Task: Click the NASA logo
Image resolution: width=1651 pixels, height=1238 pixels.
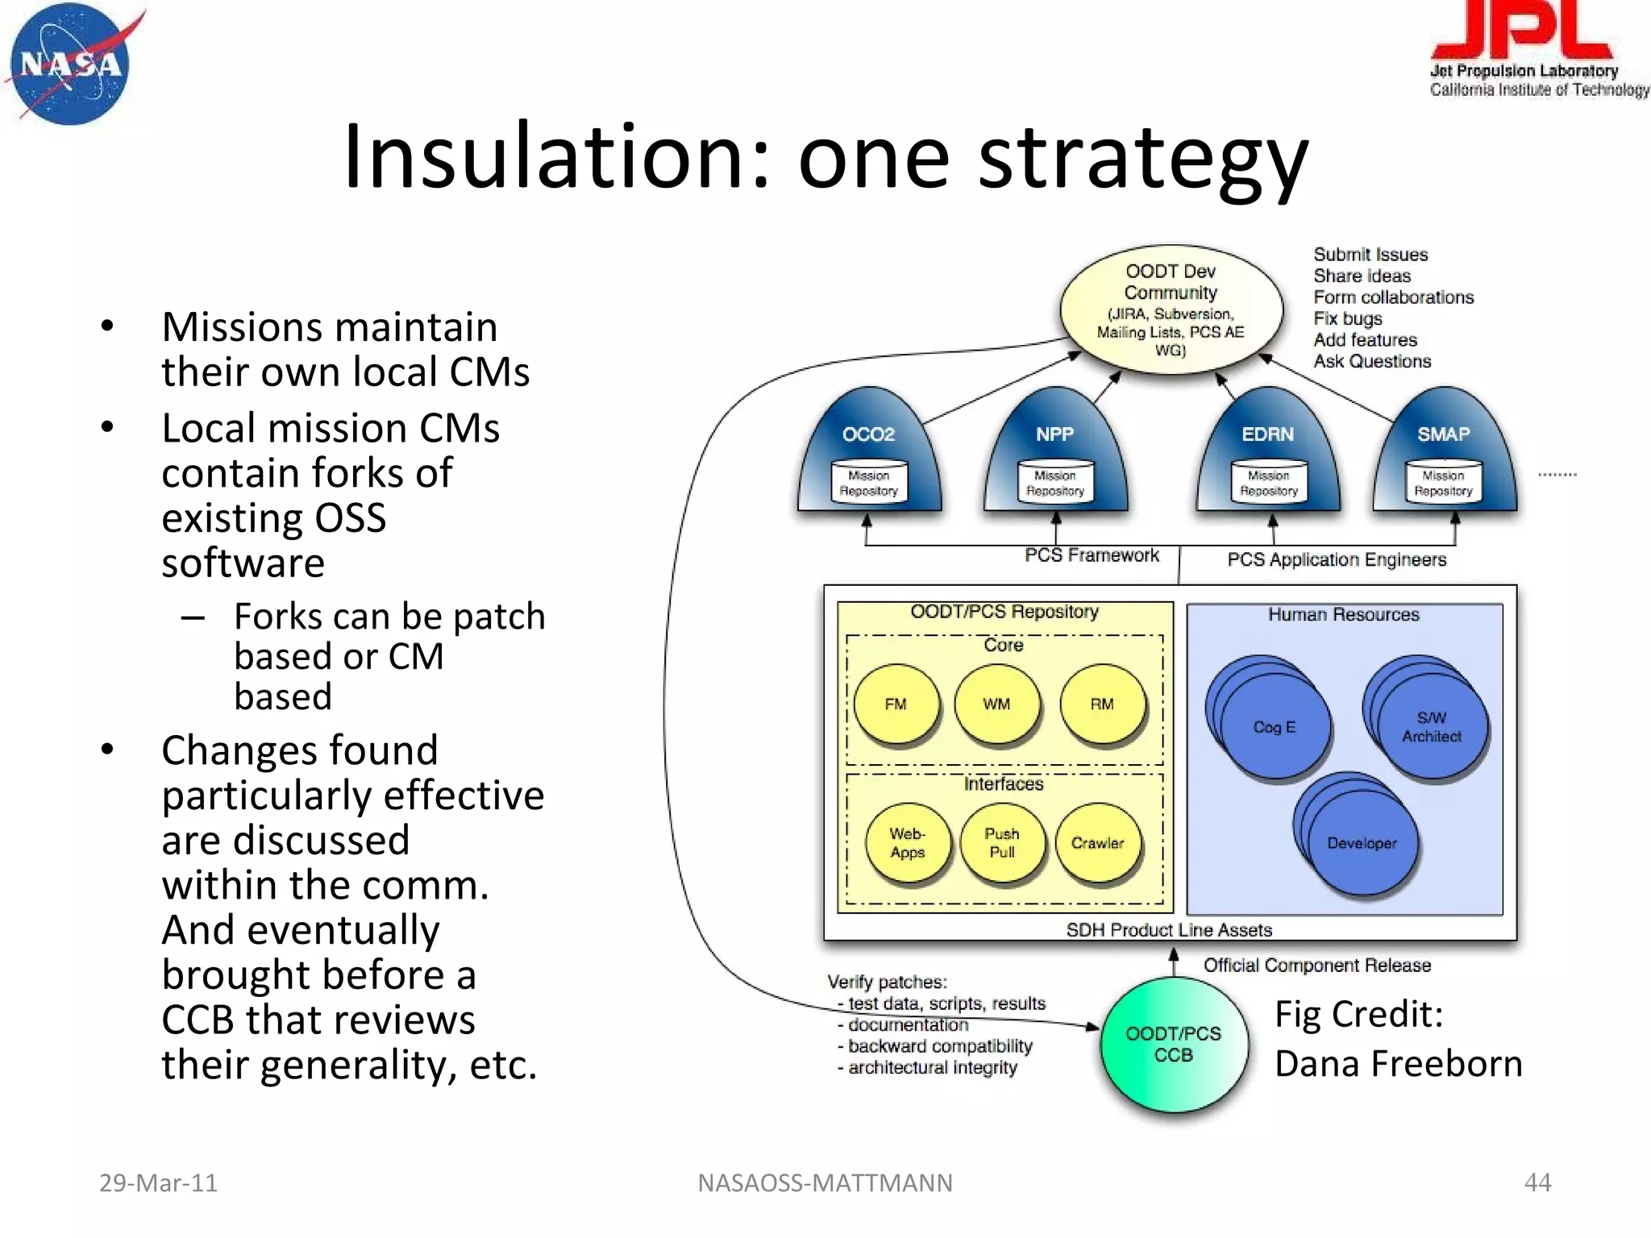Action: [x=71, y=64]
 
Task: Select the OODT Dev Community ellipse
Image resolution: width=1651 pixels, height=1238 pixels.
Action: [x=1171, y=309]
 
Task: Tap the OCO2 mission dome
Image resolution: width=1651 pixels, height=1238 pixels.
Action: [x=869, y=451]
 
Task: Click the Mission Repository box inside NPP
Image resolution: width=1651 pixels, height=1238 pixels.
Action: [x=1055, y=483]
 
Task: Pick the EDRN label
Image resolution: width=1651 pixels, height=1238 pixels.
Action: [x=1267, y=434]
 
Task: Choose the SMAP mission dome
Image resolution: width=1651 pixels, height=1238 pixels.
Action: [x=1444, y=451]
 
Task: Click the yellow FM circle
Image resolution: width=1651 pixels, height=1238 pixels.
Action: [x=896, y=704]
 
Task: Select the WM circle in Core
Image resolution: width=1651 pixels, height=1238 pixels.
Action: [x=996, y=704]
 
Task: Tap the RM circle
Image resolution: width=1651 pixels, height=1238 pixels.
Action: [x=1102, y=704]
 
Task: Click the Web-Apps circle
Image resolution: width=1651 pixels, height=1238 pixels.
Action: [x=908, y=843]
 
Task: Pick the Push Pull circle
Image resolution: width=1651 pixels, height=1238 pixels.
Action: [x=1002, y=843]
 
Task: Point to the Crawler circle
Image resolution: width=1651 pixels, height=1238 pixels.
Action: [x=1097, y=843]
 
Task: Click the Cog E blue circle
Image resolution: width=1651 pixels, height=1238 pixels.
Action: [x=1275, y=727]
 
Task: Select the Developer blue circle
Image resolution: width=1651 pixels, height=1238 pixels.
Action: [x=1362, y=843]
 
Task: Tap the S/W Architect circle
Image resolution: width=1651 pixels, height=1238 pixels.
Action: [x=1432, y=727]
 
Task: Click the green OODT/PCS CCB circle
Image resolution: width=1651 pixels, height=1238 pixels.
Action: [x=1174, y=1045]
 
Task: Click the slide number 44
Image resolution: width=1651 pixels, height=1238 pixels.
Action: [x=1537, y=1182]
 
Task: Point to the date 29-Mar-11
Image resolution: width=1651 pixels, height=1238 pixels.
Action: [x=158, y=1182]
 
